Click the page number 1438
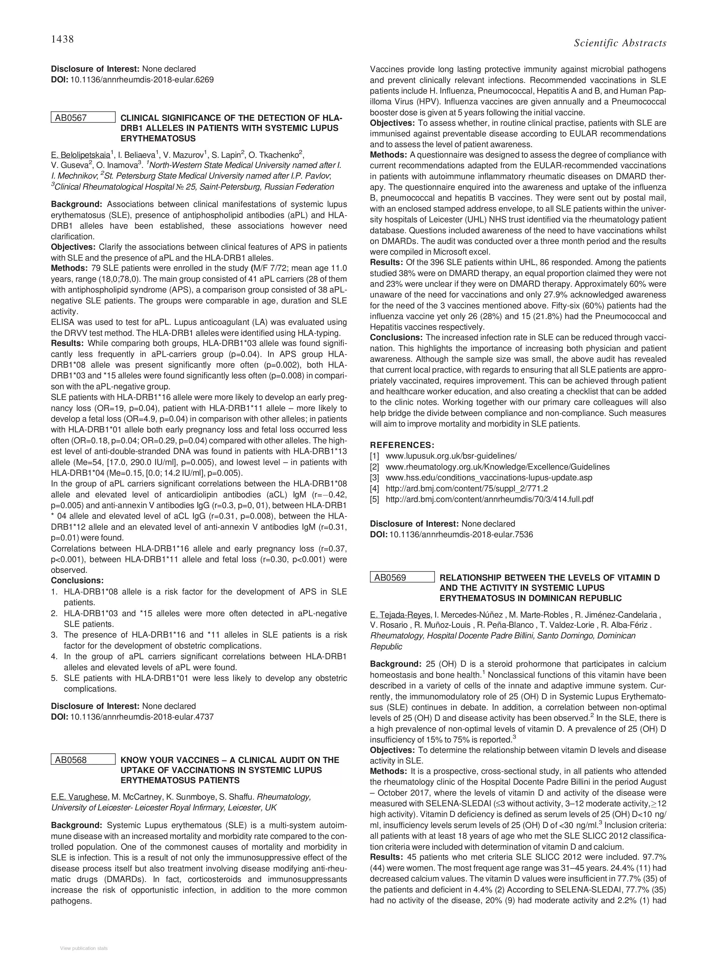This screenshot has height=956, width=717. click(x=62, y=39)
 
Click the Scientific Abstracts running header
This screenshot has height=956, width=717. click(x=620, y=43)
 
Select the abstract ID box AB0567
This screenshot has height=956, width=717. click(x=83, y=118)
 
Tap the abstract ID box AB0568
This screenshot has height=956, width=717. click(x=83, y=760)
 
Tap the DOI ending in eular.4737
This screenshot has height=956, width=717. click(x=142, y=717)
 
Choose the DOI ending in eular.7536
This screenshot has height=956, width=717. click(x=461, y=535)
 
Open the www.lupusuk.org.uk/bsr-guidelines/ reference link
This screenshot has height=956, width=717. click(x=451, y=456)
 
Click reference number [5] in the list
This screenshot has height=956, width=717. click(x=374, y=499)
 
